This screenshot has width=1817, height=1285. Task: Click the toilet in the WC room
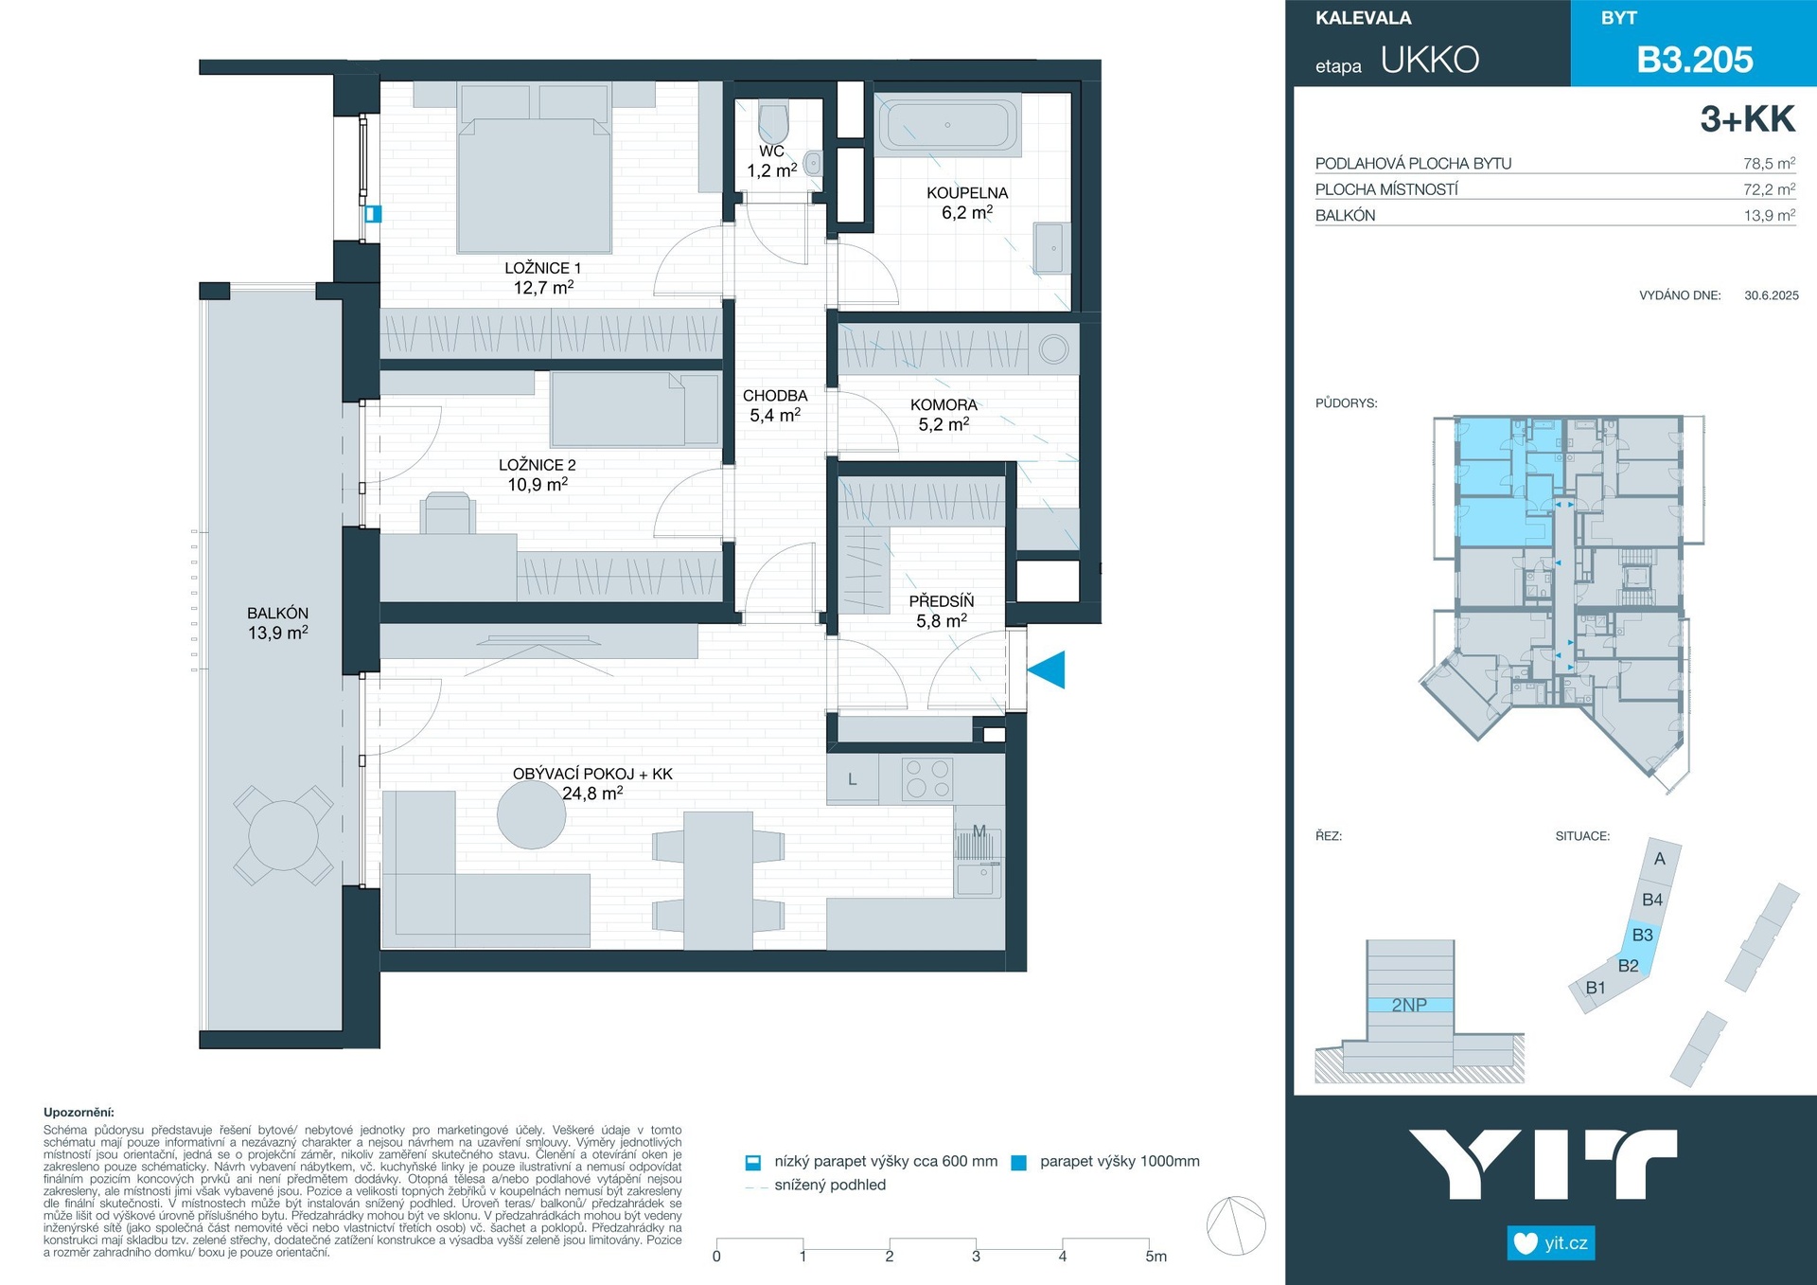click(773, 121)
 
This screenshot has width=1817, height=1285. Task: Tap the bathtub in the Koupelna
click(947, 124)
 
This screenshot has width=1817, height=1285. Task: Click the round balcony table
click(283, 835)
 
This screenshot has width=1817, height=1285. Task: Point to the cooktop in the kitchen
click(927, 779)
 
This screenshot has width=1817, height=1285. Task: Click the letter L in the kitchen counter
click(853, 779)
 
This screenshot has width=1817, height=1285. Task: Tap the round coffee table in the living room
click(532, 814)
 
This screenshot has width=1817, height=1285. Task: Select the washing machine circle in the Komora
click(1053, 349)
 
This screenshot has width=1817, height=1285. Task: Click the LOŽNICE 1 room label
click(543, 268)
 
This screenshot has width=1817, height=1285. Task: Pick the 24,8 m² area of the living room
click(592, 794)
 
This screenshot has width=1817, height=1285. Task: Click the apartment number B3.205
click(1695, 60)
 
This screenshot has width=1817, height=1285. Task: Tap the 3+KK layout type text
click(1748, 119)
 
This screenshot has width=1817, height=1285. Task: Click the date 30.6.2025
click(1772, 295)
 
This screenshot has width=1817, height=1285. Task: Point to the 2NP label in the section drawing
click(1409, 1005)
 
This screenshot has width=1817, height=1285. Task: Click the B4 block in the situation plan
click(1652, 900)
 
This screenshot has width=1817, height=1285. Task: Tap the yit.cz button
click(1551, 1242)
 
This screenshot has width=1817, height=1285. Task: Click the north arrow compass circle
click(1236, 1225)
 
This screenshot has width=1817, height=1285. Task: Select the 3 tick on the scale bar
click(976, 1257)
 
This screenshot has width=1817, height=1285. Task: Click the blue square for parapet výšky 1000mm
click(1019, 1163)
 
